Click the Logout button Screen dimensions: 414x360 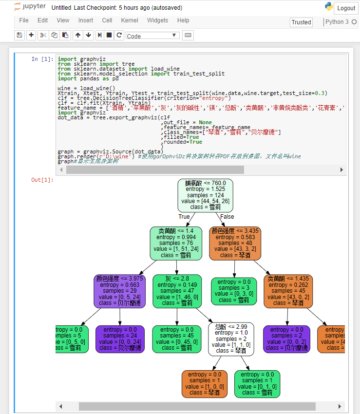(x=346, y=8)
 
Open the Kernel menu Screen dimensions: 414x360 (x=130, y=20)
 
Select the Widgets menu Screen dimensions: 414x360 (x=157, y=20)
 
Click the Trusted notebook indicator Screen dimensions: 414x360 (x=301, y=22)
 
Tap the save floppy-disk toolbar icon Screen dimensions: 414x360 (x=19, y=35)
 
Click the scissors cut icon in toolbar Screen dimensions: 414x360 (x=43, y=35)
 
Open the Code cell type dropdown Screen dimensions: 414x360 (x=152, y=36)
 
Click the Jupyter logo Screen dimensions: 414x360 (x=30, y=7)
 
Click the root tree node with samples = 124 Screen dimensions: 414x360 (x=205, y=195)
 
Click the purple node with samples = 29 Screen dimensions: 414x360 (x=119, y=291)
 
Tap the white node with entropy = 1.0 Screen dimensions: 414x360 (x=231, y=339)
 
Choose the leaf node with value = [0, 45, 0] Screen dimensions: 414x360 (x=176, y=339)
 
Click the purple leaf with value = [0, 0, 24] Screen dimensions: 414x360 (x=119, y=339)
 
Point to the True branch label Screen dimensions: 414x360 (x=184, y=217)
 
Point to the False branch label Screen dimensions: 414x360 (x=227, y=217)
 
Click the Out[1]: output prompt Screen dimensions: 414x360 (x=42, y=180)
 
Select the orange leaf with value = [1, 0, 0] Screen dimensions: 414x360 (x=204, y=383)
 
